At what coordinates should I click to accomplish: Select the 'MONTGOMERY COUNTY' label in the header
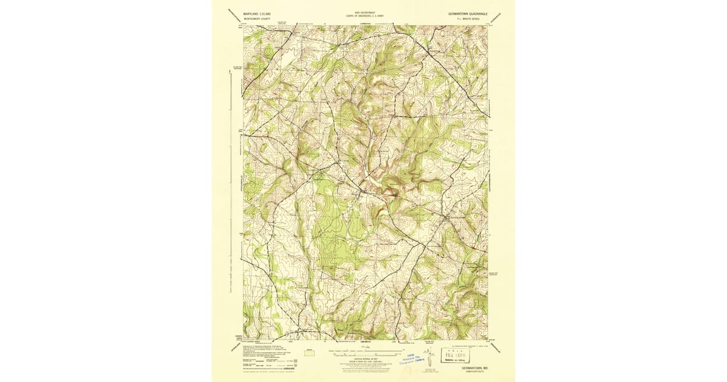click(257, 19)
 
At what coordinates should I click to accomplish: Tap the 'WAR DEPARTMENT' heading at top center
click(363, 12)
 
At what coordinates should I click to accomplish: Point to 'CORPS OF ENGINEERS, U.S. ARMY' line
click(363, 16)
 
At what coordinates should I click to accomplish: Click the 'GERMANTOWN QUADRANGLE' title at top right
click(471, 13)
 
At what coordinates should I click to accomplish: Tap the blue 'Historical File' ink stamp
click(416, 358)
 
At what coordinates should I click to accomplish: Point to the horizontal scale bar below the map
click(363, 351)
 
